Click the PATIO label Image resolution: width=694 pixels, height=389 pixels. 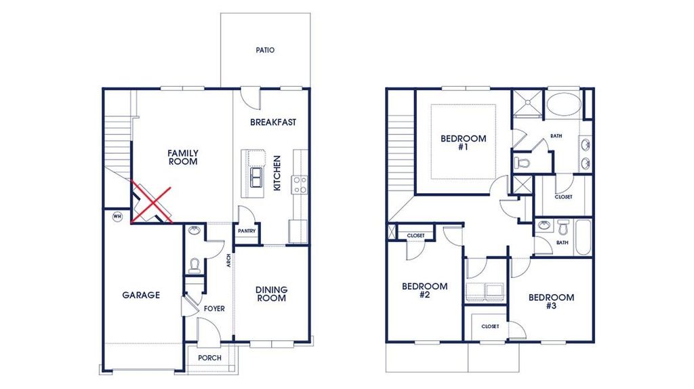click(265, 50)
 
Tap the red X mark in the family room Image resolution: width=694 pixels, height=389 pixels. click(151, 201)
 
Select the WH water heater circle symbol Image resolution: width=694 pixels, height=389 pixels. click(117, 217)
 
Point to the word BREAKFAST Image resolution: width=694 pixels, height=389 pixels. click(273, 123)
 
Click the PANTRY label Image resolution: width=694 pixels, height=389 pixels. click(245, 231)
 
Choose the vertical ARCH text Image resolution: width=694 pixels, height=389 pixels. click(229, 260)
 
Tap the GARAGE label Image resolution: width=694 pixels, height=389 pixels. click(141, 295)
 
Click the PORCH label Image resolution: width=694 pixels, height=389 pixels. click(209, 358)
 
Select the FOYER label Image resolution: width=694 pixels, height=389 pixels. click(214, 309)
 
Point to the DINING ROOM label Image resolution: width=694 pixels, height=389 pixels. click(271, 294)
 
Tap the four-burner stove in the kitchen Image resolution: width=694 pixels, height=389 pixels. click(299, 184)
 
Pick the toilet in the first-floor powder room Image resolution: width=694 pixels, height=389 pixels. click(194, 266)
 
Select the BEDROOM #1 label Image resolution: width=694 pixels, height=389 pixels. click(463, 142)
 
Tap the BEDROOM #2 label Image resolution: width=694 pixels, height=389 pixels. click(424, 290)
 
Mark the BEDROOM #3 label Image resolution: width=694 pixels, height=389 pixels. click(551, 301)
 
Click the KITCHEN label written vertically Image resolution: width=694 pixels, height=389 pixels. click(277, 173)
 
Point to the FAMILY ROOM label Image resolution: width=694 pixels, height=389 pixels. click(182, 158)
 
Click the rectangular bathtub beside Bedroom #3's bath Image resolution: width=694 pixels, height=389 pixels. click(582, 237)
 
